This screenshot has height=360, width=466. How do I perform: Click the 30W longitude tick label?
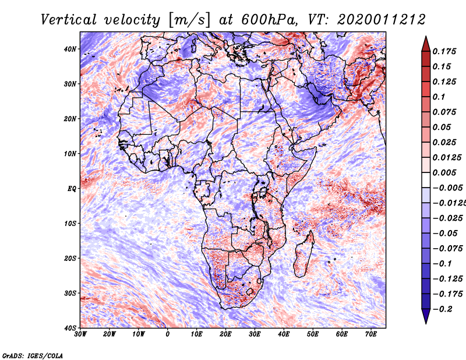coord(80,334)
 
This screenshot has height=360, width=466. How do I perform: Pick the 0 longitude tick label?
coord(168,334)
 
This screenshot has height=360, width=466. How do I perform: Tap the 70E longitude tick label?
coord(371,334)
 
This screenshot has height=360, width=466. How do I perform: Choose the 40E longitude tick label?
coord(284,334)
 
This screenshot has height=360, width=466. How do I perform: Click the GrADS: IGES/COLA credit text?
coord(32,354)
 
